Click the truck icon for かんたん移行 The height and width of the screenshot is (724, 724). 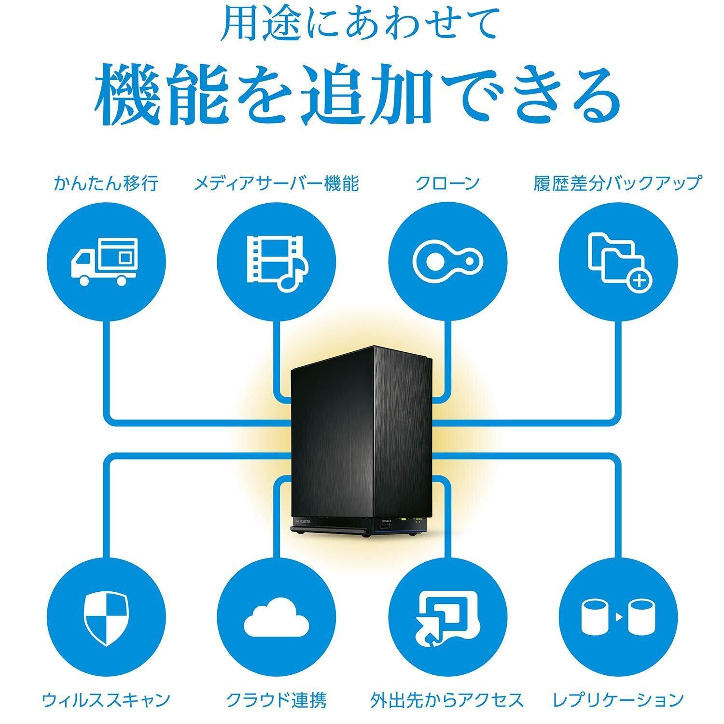point(105,262)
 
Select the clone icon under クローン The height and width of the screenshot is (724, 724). point(448,262)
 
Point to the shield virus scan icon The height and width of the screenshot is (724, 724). point(105,617)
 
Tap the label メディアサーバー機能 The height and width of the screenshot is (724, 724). point(276,183)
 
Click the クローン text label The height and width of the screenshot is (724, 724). point(447,183)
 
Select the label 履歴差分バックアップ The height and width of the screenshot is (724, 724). point(617,183)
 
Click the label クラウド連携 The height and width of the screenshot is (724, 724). point(276,699)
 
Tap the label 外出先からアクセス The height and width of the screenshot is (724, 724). point(447,699)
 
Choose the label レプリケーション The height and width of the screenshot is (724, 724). point(618,699)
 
